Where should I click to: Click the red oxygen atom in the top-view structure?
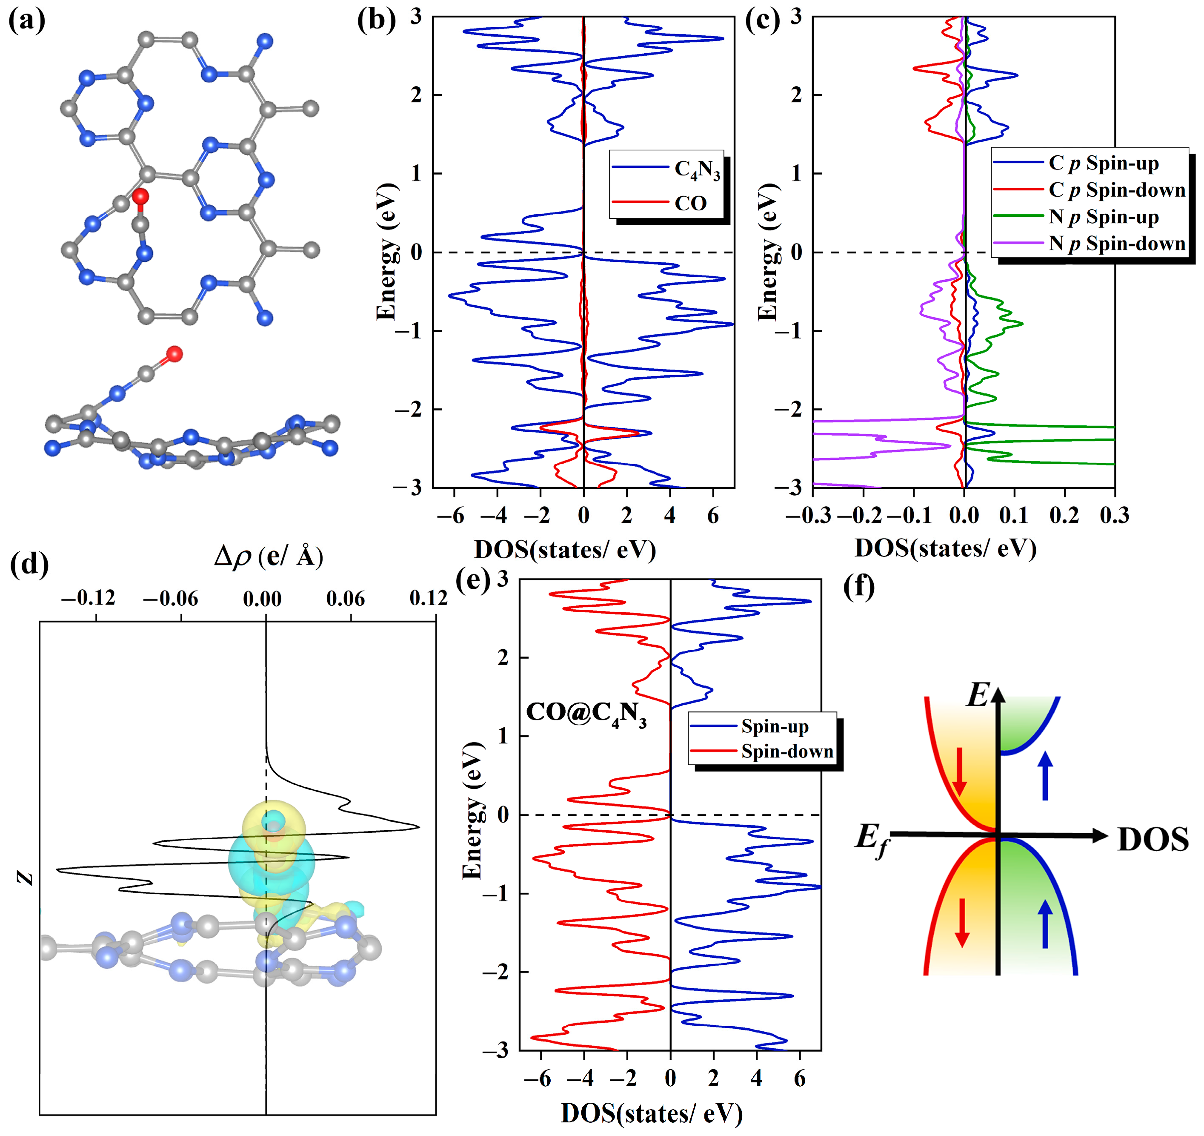140,196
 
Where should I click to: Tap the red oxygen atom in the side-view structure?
174,354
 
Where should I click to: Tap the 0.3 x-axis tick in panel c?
1114,516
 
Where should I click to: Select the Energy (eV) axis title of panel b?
386,252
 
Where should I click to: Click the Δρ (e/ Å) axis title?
268,556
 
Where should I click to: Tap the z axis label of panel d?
25,877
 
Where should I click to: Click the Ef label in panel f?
872,841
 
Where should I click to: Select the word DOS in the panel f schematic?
1153,841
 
